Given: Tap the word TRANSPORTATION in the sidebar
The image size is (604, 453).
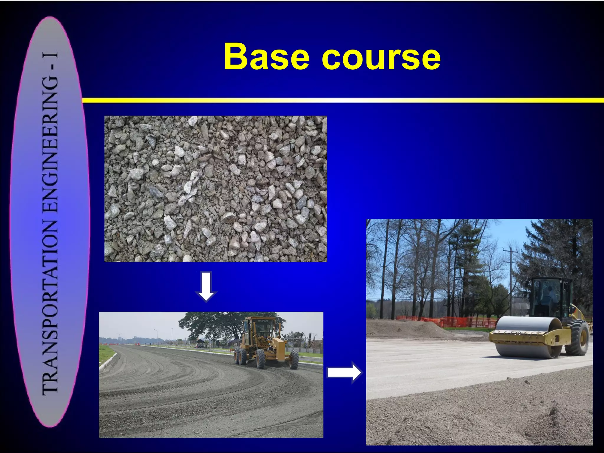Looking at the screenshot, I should pos(50,307).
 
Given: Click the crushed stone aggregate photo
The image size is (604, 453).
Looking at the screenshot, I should pos(216,189).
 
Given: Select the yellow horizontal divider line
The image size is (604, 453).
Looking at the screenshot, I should pos(342,101).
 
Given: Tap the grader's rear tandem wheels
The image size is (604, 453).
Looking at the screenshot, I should pos(240,357).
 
